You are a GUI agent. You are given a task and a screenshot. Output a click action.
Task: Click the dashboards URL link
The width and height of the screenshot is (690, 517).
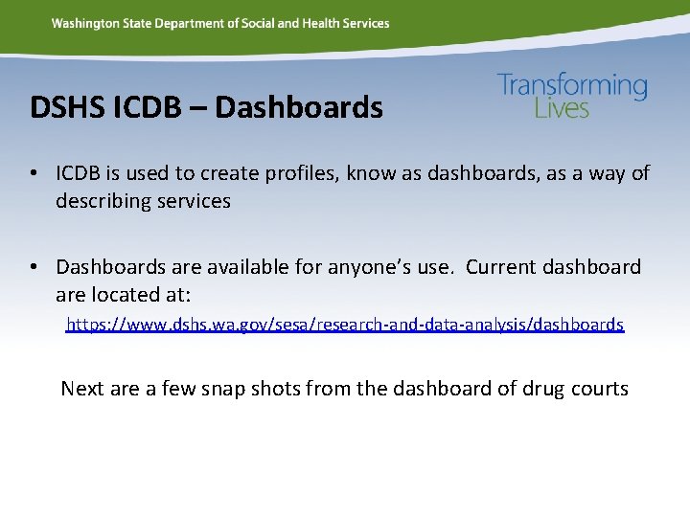tap(345, 325)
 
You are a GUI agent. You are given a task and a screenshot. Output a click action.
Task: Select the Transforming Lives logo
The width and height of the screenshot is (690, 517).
tap(572, 96)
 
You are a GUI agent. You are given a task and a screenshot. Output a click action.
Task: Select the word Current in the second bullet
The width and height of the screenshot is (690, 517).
tap(502, 266)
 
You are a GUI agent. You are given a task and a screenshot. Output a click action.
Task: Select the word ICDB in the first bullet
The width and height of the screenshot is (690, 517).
tap(82, 173)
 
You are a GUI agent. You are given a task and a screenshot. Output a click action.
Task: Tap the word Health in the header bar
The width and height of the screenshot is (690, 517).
tap(323, 23)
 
